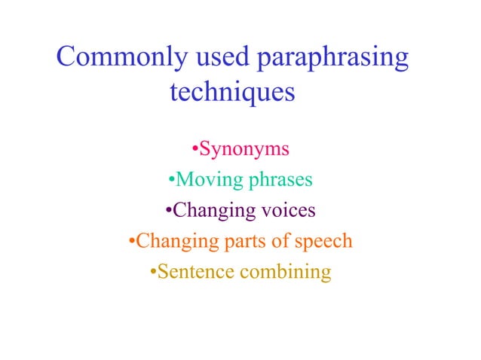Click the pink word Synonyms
244,149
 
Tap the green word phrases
274,180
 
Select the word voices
288,210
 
